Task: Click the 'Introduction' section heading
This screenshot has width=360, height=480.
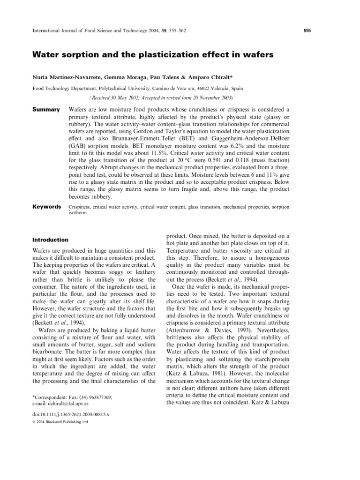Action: click(x=50, y=240)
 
